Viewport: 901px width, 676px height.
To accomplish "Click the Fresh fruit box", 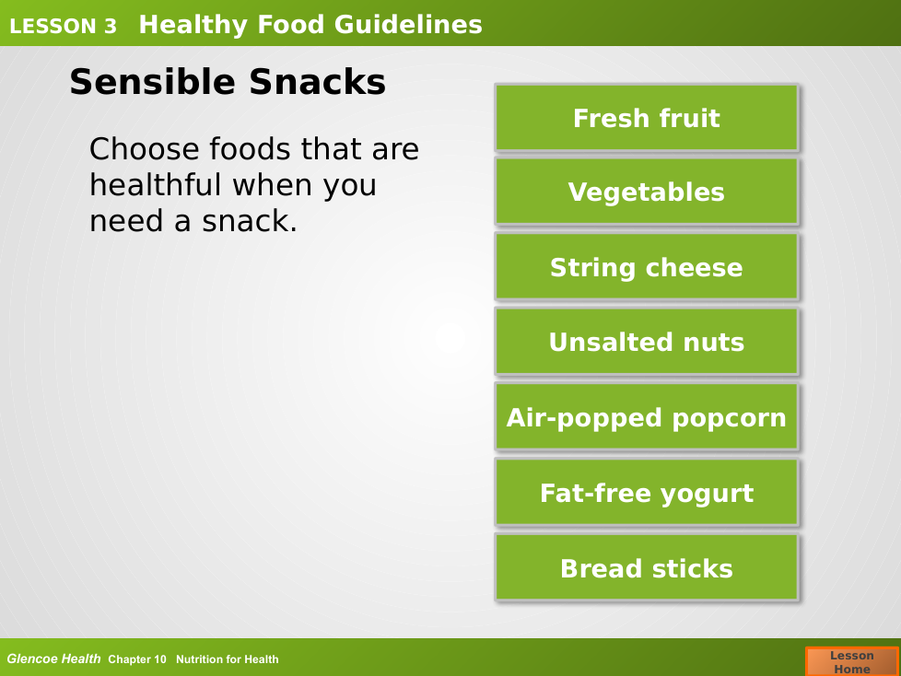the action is [647, 118].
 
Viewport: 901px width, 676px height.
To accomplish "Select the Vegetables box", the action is [647, 192].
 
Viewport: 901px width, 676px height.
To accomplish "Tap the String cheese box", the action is [647, 267].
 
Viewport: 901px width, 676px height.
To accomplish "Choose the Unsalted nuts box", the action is [647, 342].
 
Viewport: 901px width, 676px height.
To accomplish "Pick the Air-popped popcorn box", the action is [647, 417].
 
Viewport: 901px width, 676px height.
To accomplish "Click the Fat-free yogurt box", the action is [647, 492].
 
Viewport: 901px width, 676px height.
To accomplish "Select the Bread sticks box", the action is [647, 567].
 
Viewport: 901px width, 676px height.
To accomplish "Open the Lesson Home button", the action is [851, 661].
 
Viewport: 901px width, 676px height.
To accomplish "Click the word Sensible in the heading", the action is [153, 82].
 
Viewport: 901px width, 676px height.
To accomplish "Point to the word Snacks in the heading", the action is [317, 82].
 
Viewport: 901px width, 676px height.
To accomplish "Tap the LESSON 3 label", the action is [63, 26].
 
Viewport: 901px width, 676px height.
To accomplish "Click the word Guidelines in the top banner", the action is [408, 25].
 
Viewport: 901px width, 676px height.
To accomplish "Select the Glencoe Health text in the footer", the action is [53, 659].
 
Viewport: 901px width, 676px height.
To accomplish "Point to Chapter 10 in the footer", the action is [136, 659].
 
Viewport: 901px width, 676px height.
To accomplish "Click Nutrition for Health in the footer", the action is [227, 659].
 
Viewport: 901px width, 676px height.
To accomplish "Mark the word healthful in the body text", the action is [155, 184].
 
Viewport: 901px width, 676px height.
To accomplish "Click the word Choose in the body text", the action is [145, 149].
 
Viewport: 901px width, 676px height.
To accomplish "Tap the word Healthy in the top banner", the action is [193, 26].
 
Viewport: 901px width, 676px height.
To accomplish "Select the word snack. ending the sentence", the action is [250, 220].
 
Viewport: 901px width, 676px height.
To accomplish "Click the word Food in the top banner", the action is [291, 25].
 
